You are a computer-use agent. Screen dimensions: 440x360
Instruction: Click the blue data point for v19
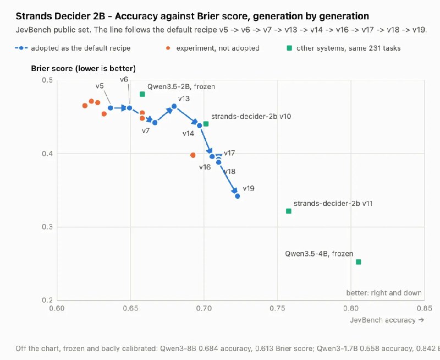point(238,196)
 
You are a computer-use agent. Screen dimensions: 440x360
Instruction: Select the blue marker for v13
point(174,106)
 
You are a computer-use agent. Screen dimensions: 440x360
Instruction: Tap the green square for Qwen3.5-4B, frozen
point(359,262)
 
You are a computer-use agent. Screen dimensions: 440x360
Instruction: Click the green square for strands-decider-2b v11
point(288,211)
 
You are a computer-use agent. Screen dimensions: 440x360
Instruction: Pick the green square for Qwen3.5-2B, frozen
point(142,94)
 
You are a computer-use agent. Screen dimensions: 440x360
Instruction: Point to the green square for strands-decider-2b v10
point(206,124)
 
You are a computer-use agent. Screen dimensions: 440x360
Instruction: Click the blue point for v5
point(111,108)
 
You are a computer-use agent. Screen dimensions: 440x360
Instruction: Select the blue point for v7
point(155,122)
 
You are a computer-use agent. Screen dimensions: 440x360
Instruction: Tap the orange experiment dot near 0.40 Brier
point(193,155)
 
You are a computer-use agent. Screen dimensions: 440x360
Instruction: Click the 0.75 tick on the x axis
point(277,308)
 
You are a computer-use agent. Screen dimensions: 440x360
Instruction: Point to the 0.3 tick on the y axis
point(47,227)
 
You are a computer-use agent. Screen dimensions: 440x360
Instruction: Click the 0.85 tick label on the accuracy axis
point(424,308)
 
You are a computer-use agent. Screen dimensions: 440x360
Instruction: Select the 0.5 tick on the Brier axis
point(47,80)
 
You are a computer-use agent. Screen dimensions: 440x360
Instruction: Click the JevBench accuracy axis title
point(387,320)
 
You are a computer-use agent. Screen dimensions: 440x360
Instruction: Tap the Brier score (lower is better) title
point(84,68)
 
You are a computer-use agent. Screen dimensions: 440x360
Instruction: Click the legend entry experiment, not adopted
point(212,48)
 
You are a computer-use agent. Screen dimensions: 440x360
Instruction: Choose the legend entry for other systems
point(343,48)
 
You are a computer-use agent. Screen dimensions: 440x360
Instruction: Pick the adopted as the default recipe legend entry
point(73,48)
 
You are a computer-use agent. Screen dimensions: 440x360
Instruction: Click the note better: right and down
point(384,293)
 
